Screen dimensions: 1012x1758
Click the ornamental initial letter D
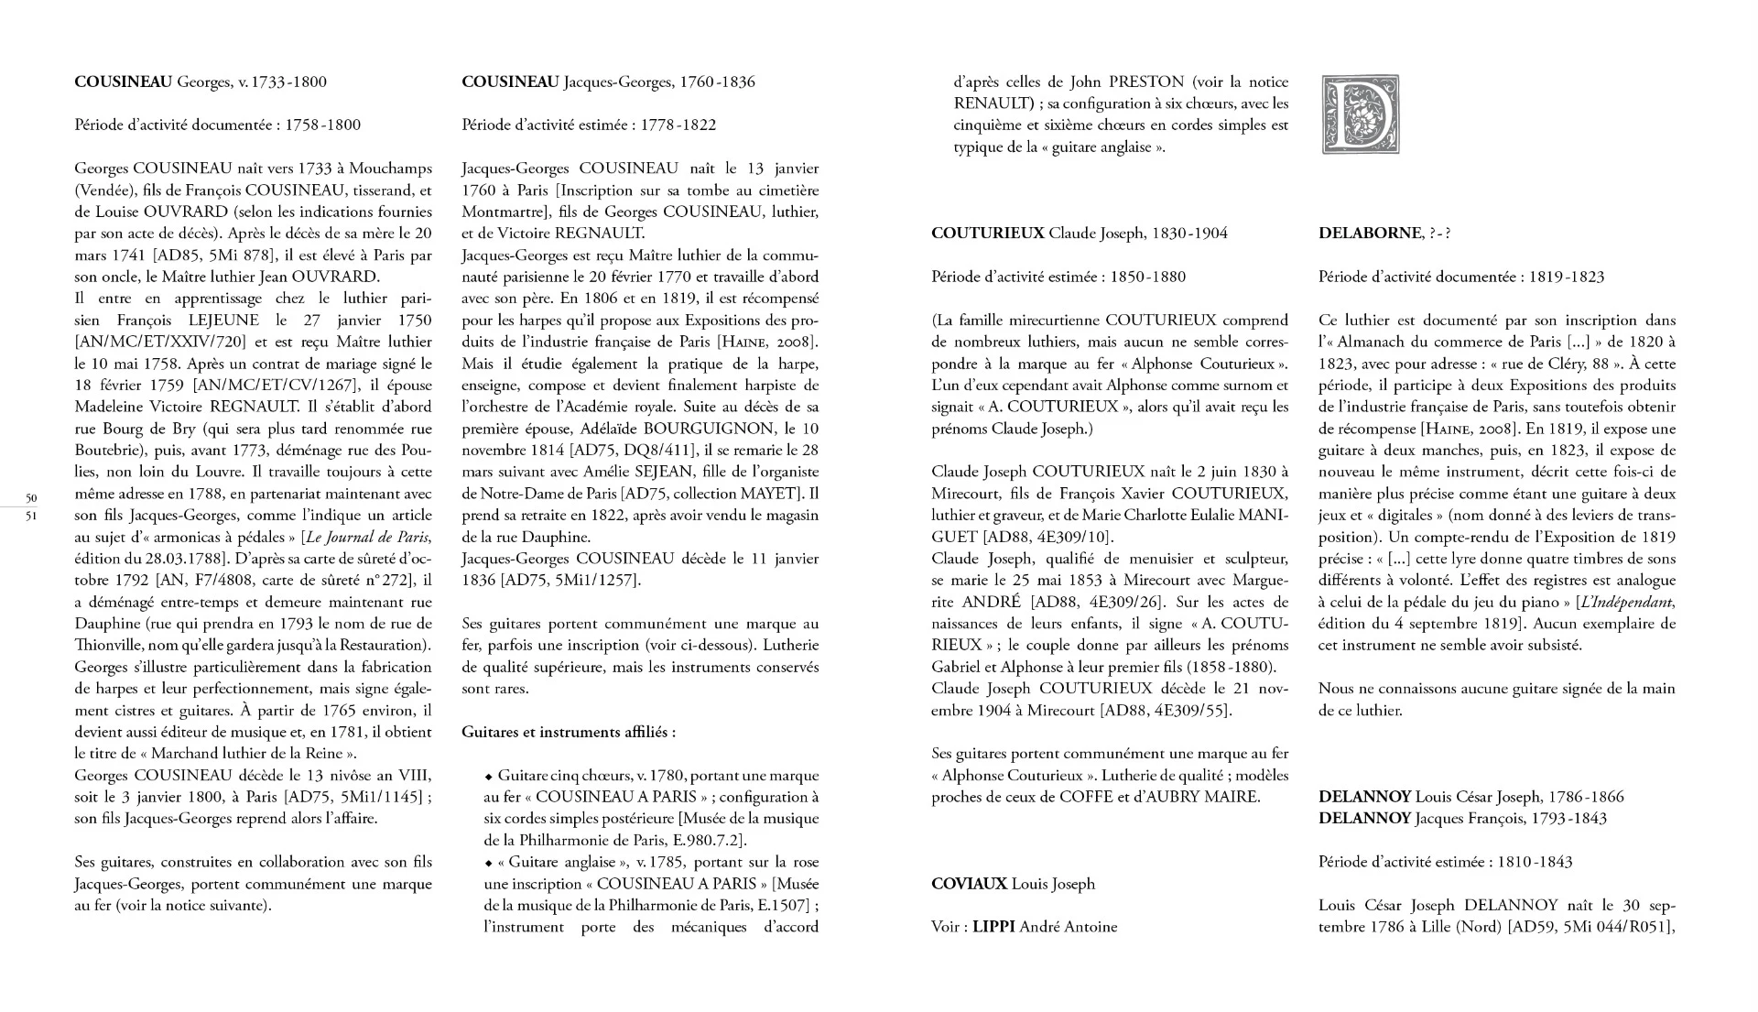pos(1361,114)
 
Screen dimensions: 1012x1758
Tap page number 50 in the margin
pos(31,498)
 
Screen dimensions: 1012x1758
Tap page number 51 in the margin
pos(31,515)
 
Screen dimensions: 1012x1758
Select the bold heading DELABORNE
pos(1369,234)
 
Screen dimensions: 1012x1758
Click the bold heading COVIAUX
pos(969,884)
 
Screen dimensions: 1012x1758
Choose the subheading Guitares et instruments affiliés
pos(569,733)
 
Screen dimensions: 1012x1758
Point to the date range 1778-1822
pos(678,125)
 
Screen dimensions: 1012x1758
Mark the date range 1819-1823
pos(1567,277)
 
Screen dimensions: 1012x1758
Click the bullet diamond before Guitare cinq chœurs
pos(489,777)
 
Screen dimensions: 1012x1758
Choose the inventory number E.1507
pos(779,906)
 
